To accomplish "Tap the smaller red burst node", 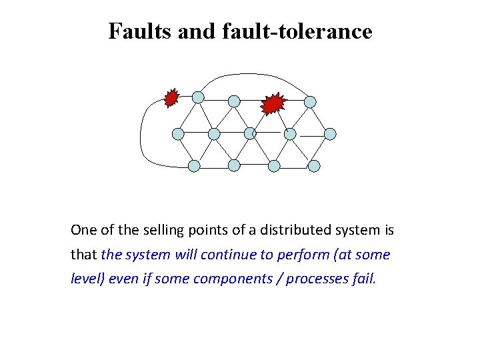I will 172,99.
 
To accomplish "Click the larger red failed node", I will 273,103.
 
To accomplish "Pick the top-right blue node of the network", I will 310,101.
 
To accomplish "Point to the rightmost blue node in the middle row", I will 330,134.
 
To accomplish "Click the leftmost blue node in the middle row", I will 178,134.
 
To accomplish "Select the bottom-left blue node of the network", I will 194,165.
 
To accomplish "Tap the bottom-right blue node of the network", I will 314,165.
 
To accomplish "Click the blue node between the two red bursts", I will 234,101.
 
